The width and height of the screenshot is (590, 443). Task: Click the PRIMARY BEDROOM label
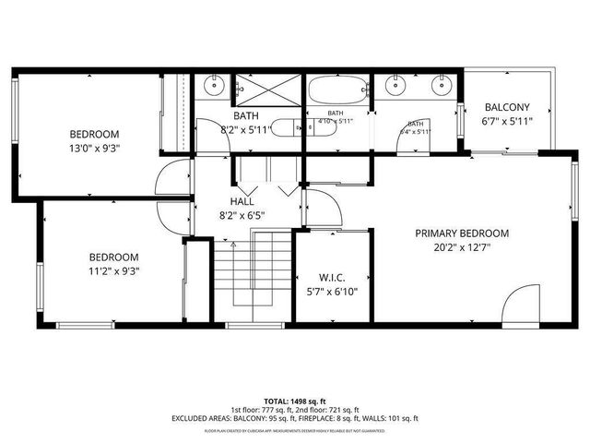[462, 233]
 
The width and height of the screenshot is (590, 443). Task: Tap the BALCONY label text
[506, 106]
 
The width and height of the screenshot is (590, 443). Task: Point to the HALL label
[242, 201]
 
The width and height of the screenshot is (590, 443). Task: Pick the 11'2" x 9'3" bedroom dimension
[113, 270]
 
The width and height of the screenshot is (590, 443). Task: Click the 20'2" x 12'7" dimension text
[462, 247]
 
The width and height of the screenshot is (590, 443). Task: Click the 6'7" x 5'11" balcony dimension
[506, 121]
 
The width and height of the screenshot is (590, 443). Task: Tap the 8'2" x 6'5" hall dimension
[242, 215]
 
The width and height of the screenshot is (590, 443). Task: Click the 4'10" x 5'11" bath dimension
[336, 121]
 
